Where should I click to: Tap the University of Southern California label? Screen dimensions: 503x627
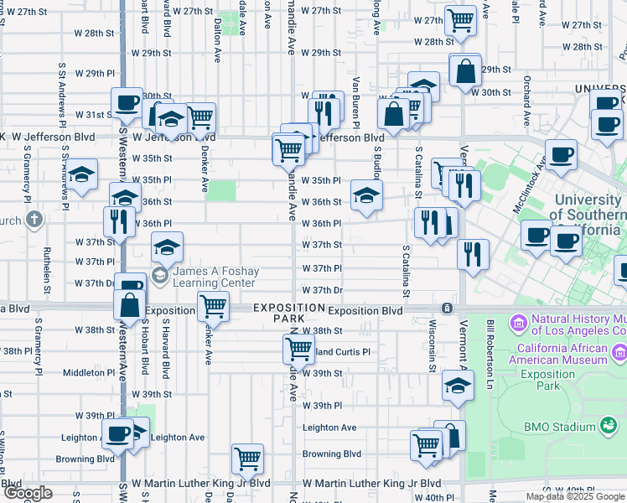[x=589, y=213]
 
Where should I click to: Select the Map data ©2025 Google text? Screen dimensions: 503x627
[x=575, y=496]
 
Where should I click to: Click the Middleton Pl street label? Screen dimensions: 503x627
[x=88, y=372]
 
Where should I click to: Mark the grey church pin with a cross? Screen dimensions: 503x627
[x=34, y=220]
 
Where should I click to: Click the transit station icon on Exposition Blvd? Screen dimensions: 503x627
[x=448, y=309]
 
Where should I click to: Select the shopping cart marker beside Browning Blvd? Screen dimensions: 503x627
[x=247, y=459]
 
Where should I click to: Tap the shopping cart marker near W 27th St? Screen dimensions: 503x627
[x=460, y=19]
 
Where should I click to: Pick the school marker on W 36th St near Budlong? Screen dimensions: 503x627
[x=365, y=194]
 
